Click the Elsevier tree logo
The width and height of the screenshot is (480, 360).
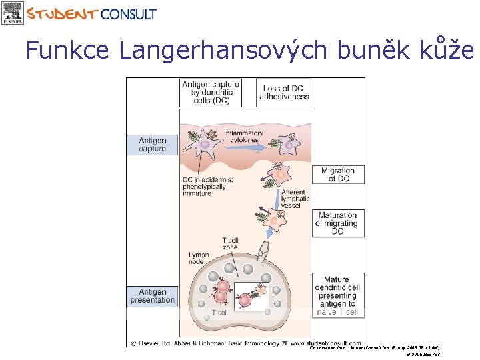click(12, 13)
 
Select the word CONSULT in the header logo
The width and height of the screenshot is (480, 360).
click(129, 14)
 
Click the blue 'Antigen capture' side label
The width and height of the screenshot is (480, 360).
click(152, 145)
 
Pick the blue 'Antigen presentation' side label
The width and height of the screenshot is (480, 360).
click(152, 296)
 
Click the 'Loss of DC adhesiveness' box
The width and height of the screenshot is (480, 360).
click(285, 93)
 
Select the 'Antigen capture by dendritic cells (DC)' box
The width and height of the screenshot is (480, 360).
click(210, 93)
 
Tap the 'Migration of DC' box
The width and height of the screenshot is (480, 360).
click(338, 175)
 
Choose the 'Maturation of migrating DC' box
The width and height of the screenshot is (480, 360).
click(338, 223)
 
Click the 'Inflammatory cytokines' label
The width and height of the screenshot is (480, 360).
click(243, 137)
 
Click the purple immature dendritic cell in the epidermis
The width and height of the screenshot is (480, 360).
click(205, 143)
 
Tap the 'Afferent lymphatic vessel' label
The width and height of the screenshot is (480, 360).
click(295, 199)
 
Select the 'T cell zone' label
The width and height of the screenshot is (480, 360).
click(229, 243)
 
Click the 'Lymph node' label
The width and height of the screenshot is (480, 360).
click(199, 259)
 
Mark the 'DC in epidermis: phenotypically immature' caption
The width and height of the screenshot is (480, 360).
click(205, 186)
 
